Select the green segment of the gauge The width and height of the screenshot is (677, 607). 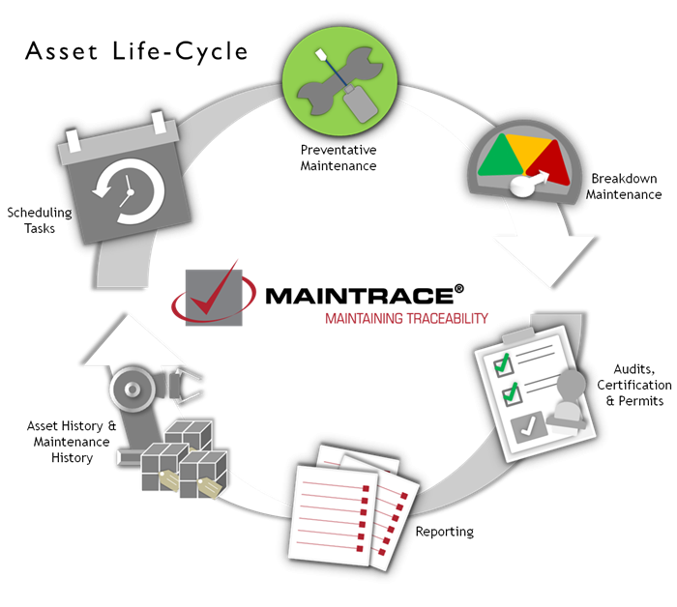[x=495, y=158]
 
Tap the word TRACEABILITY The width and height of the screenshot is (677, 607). [x=449, y=318]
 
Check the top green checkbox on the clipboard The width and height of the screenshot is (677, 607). [x=502, y=364]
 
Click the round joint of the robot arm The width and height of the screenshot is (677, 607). [x=127, y=390]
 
